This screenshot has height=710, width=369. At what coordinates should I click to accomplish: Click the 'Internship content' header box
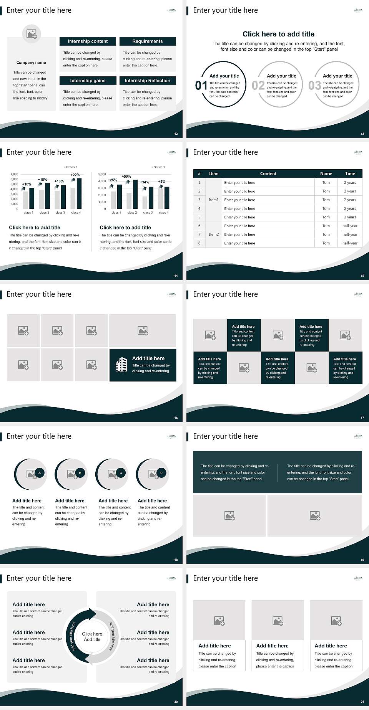click(x=88, y=41)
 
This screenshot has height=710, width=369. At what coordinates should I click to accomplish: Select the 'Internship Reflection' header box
click(x=147, y=81)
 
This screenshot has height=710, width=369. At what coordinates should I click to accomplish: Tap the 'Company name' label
click(x=31, y=63)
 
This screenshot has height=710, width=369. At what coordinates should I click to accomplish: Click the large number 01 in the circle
click(x=201, y=85)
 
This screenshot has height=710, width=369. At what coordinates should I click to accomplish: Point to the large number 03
click(x=314, y=85)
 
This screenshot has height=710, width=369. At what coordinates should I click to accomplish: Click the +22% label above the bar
click(x=75, y=175)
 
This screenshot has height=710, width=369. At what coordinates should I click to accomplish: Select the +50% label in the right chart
click(x=126, y=177)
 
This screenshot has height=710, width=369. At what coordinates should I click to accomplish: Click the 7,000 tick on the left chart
click(x=14, y=174)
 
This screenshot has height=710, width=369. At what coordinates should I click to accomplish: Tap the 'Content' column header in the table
click(x=268, y=173)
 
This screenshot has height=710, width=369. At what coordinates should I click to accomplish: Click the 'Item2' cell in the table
click(x=214, y=234)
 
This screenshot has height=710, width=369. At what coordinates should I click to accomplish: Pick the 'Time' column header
click(x=350, y=173)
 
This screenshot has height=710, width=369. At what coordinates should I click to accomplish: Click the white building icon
click(x=121, y=365)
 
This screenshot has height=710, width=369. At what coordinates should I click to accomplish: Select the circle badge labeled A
click(x=40, y=473)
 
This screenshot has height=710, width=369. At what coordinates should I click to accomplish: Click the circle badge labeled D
click(x=161, y=473)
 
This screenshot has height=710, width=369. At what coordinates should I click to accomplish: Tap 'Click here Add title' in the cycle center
click(x=92, y=637)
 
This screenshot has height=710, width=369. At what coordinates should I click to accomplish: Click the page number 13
click(x=362, y=134)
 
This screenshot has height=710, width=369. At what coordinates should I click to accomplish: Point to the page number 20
click(x=176, y=702)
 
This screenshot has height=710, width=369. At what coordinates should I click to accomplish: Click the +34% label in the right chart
click(x=145, y=182)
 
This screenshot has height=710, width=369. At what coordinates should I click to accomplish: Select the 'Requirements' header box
click(x=148, y=41)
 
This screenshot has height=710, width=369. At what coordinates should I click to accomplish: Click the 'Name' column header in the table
click(x=326, y=173)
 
